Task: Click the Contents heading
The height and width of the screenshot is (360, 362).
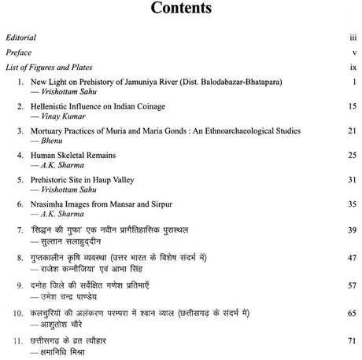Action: click(180, 10)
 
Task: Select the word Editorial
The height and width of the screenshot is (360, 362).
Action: click(20, 38)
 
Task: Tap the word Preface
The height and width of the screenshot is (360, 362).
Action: click(18, 53)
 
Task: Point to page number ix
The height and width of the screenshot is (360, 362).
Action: click(354, 68)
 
